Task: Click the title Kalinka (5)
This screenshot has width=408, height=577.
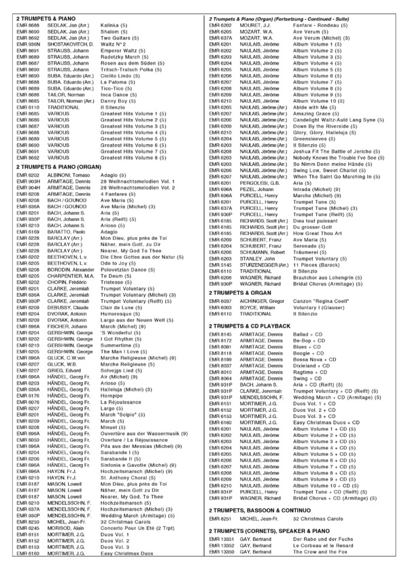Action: click(116, 24)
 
